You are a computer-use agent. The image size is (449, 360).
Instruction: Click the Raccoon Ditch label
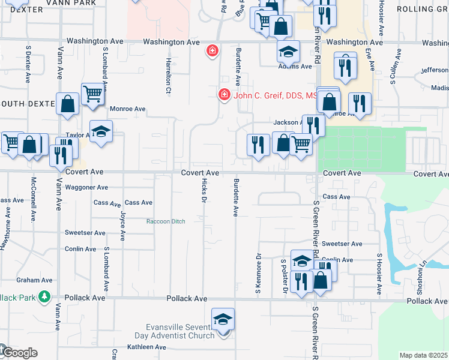[166, 221]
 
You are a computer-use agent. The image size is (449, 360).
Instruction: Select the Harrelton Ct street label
[169, 71]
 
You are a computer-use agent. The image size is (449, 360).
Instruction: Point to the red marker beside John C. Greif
[223, 95]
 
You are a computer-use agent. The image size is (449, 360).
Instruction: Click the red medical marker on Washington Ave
[211, 51]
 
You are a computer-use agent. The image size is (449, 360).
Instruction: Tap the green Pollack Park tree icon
[44, 297]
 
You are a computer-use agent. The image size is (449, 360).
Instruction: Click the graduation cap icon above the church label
[223, 320]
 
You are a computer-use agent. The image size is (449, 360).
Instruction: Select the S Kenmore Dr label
[258, 274]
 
